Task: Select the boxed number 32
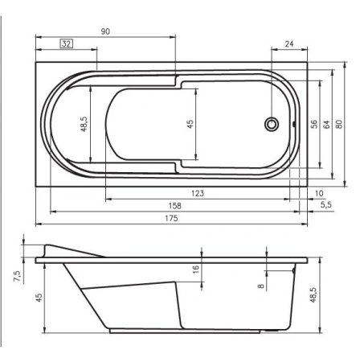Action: click(66, 44)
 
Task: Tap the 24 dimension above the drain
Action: click(288, 44)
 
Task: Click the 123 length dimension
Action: click(198, 193)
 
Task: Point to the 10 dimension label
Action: click(320, 193)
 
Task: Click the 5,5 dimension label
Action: click(325, 206)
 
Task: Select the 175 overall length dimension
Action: click(172, 219)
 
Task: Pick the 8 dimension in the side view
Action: click(261, 285)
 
